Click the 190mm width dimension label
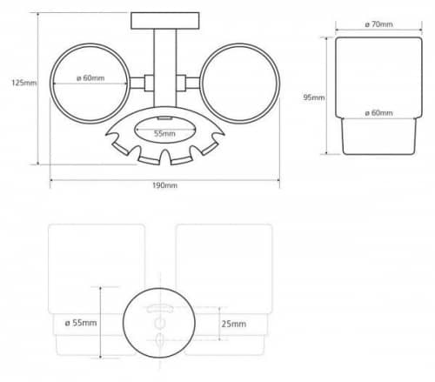tap(164, 185)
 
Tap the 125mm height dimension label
tap(24, 83)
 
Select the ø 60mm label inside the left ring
tap(90, 78)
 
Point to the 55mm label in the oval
tap(164, 134)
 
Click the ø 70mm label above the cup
tap(378, 24)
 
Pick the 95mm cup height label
tap(314, 97)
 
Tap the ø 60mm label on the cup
tap(378, 112)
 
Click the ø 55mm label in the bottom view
tap(81, 323)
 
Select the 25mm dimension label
tap(234, 324)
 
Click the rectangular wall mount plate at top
tap(165, 21)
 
